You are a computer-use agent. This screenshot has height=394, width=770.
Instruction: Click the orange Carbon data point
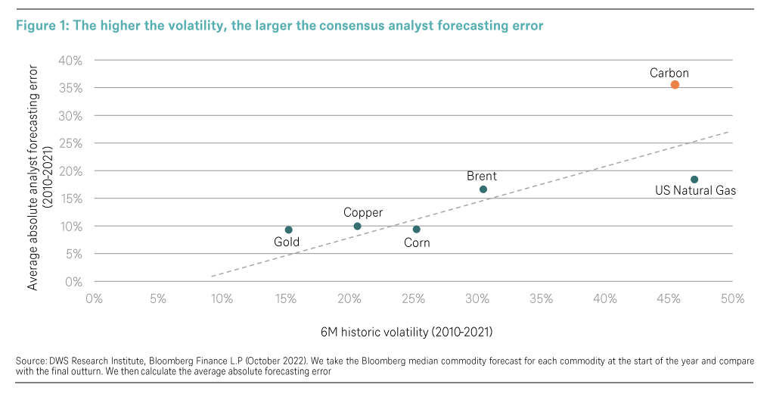pyautogui.click(x=675, y=85)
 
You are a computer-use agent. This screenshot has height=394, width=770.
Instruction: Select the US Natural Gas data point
pyautogui.click(x=694, y=180)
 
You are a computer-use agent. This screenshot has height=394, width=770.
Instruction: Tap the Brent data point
pyautogui.click(x=483, y=189)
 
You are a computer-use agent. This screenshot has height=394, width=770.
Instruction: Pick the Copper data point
pyautogui.click(x=357, y=227)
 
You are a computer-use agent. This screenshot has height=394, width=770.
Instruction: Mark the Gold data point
pyautogui.click(x=288, y=230)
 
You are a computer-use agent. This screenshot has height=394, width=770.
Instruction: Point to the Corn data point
pyautogui.click(x=416, y=230)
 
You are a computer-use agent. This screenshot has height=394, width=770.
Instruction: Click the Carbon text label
pyautogui.click(x=669, y=73)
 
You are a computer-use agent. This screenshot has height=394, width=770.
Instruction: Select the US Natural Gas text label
pyautogui.click(x=695, y=192)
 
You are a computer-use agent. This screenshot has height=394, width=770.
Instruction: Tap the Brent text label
pyautogui.click(x=482, y=177)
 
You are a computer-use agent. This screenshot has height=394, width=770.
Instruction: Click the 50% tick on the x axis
pyautogui.click(x=733, y=299)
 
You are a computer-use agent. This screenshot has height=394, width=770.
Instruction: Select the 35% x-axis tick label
pyautogui.click(x=542, y=299)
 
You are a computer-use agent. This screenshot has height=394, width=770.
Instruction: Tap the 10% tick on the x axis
pyautogui.click(x=222, y=299)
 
